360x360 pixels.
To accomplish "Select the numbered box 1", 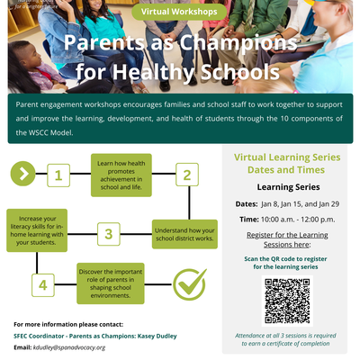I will [x=58, y=175].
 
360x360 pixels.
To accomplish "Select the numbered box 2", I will [x=186, y=175].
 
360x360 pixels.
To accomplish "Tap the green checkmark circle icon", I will [x=189, y=284].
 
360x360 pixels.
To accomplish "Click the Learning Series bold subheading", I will [x=287, y=187].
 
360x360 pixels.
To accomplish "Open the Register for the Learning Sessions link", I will [x=287, y=239].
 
